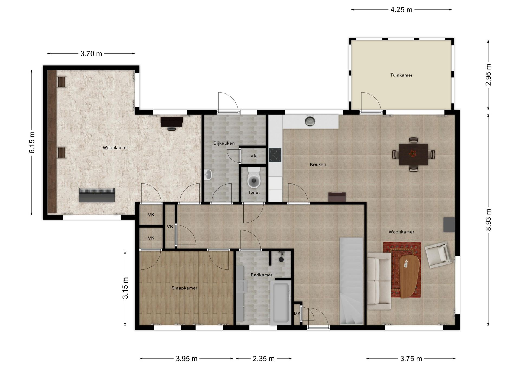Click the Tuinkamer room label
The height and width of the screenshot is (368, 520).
(401, 75)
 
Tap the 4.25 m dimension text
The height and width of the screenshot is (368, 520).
(401, 10)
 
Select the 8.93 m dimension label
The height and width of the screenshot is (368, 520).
(488, 220)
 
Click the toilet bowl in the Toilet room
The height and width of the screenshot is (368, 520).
(254, 179)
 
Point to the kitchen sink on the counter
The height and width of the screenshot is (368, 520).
(310, 121)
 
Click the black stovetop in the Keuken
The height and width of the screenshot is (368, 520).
(275, 155)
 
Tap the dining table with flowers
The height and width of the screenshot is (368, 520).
(413, 154)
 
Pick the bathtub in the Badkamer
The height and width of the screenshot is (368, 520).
(281, 302)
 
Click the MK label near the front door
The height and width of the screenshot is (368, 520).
(297, 314)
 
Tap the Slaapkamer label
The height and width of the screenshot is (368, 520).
(184, 288)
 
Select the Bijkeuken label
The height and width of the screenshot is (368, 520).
(224, 143)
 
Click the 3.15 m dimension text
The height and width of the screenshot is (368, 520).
(125, 288)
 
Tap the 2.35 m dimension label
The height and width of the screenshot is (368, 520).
(264, 359)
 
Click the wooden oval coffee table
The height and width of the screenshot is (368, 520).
(409, 276)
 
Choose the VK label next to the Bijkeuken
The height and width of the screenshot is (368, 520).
(253, 156)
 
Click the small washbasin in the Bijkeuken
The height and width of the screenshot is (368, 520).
(208, 175)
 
